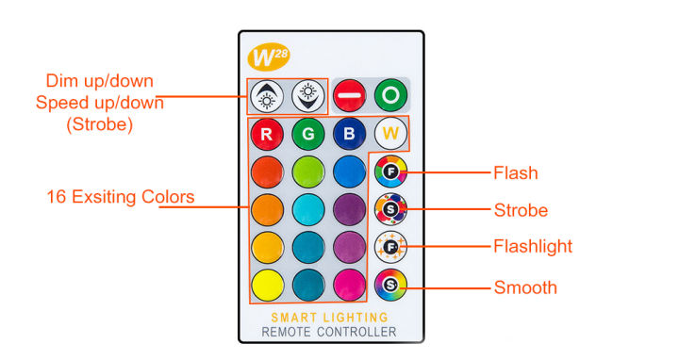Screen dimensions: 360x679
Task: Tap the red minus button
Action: pyautogui.click(x=349, y=94)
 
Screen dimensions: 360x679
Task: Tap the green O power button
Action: pyautogui.click(x=389, y=94)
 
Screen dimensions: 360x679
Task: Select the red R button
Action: pyautogui.click(x=267, y=134)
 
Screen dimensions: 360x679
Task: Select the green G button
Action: pyautogui.click(x=307, y=134)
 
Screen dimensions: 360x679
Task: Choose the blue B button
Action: pyautogui.click(x=348, y=134)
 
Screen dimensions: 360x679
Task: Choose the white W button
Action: pyautogui.click(x=389, y=134)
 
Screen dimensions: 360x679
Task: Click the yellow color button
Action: pyautogui.click(x=267, y=282)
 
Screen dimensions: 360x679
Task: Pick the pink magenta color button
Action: pyautogui.click(x=348, y=282)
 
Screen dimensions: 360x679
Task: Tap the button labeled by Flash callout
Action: pyautogui.click(x=389, y=172)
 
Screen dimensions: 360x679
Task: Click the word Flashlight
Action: pyautogui.click(x=533, y=247)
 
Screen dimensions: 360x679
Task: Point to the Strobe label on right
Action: pyautogui.click(x=521, y=209)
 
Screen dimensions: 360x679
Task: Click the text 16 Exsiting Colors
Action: pyautogui.click(x=120, y=197)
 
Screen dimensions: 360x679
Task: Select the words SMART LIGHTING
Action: pyautogui.click(x=329, y=318)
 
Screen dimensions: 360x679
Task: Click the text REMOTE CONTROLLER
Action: pyautogui.click(x=329, y=332)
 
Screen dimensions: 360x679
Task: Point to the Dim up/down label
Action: pyautogui.click(x=93, y=80)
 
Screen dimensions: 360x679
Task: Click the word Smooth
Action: pyautogui.click(x=525, y=287)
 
